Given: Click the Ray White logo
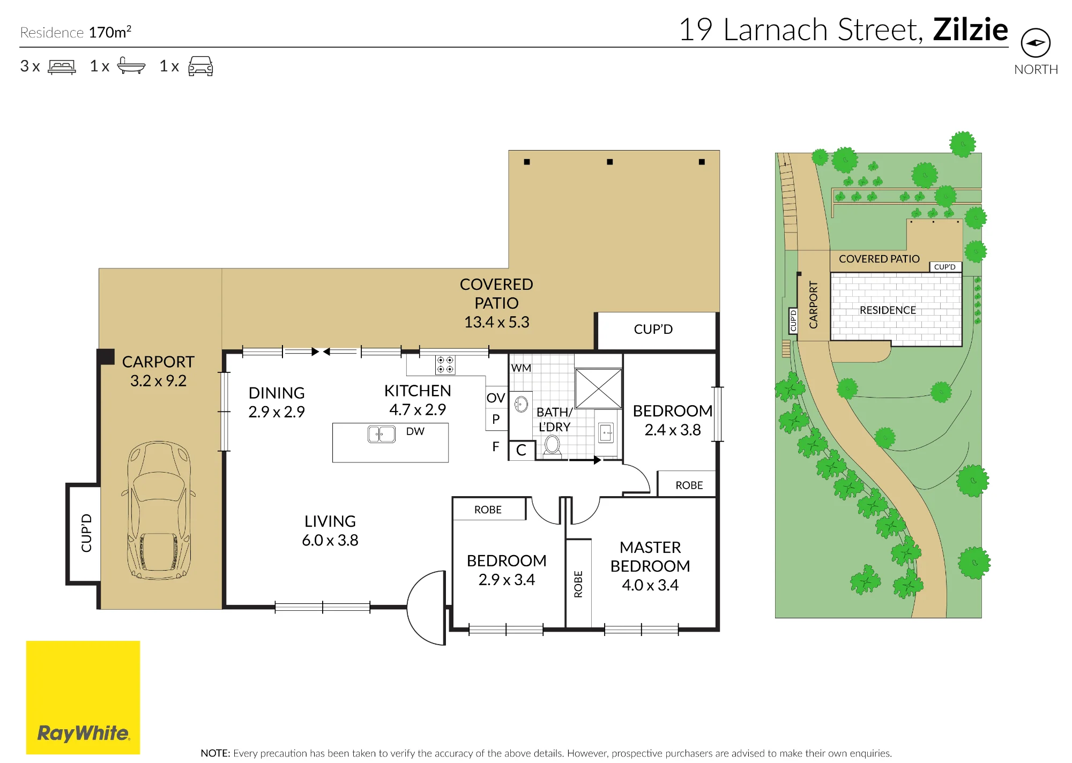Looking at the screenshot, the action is [x=83, y=697].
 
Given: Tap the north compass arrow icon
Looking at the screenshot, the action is [x=1036, y=43].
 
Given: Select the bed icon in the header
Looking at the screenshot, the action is [x=62, y=66].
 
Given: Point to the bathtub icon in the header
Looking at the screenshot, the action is [x=131, y=65].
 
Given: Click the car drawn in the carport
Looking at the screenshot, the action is [x=159, y=511].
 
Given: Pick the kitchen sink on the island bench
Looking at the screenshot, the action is [x=382, y=434].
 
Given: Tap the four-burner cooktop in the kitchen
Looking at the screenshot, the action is [x=445, y=365].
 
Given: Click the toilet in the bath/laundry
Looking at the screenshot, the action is [x=553, y=446].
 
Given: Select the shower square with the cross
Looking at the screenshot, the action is [x=598, y=388].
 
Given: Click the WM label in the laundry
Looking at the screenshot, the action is [x=521, y=368].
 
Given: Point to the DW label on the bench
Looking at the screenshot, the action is [x=415, y=431].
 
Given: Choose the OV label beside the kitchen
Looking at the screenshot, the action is [x=496, y=398].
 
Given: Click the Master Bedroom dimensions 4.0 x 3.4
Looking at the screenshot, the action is [x=650, y=585].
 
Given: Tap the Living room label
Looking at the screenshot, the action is [x=330, y=521].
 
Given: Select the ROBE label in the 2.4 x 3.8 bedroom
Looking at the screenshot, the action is [x=689, y=485].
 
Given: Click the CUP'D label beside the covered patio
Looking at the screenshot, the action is [x=653, y=329].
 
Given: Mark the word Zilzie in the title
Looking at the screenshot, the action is [x=970, y=29].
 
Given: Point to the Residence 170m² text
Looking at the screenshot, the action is [x=76, y=32].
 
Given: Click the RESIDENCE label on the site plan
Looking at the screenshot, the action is [x=888, y=310].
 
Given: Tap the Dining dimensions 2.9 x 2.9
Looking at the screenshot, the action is [x=277, y=412].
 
